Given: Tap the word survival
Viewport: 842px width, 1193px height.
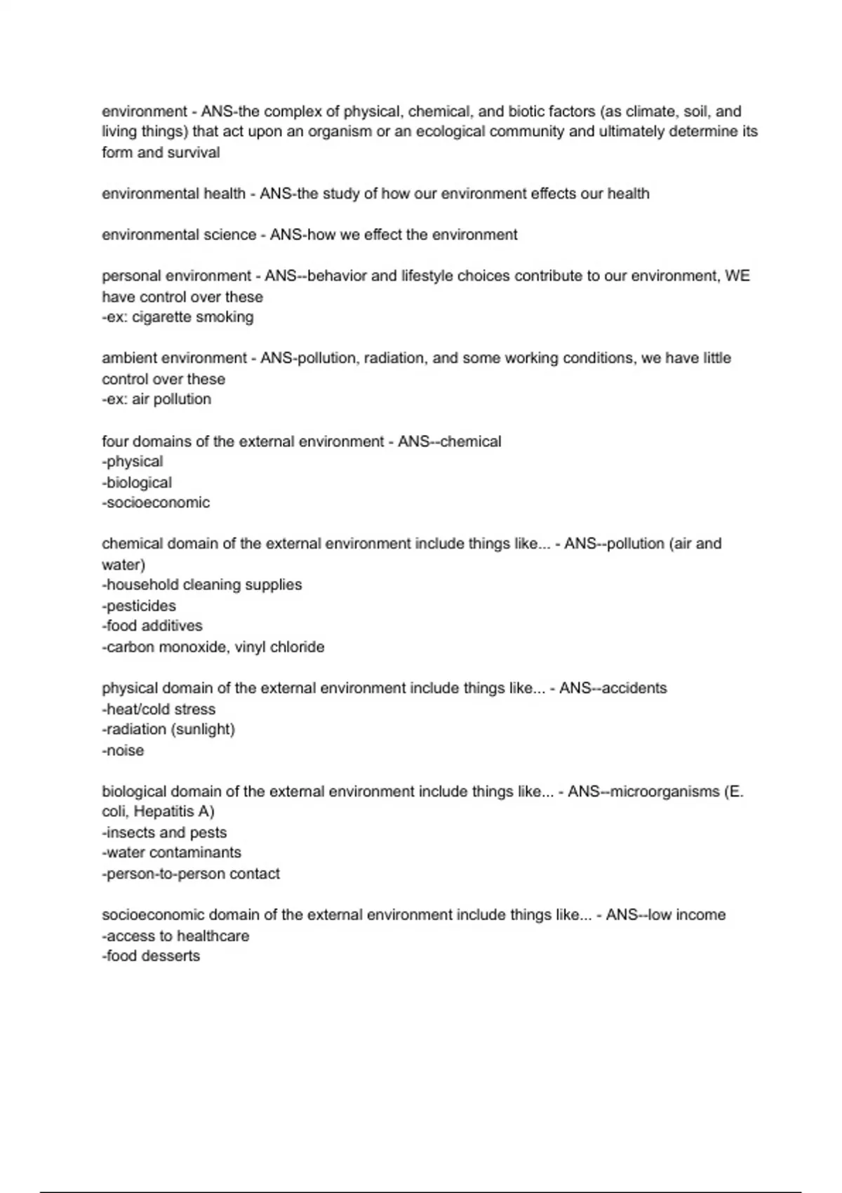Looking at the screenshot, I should pos(193,152).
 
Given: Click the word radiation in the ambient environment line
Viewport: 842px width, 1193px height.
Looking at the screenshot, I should pos(394,359).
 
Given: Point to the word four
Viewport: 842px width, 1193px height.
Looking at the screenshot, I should pos(115,441).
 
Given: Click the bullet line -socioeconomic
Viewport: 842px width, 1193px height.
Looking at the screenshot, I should pos(156,502).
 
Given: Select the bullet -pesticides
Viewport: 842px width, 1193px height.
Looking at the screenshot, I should pos(139,606).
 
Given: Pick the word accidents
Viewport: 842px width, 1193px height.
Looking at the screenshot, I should pos(634,688).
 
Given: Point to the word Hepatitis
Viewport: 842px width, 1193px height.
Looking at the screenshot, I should pos(164,812).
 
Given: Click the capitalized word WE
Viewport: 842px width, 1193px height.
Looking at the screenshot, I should pos(737,276).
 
